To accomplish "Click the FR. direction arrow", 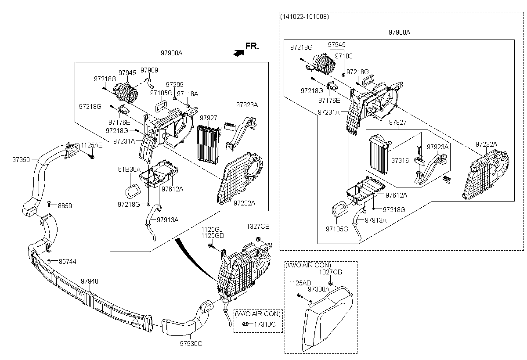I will (x=238, y=53).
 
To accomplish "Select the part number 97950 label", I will (x=21, y=159).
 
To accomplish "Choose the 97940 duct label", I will (x=89, y=281).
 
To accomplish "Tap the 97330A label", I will (x=318, y=290).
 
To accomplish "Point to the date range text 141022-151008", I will (x=304, y=17).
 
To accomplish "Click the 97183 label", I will (x=344, y=56).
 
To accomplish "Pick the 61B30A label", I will (x=129, y=169).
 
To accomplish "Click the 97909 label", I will (x=149, y=70).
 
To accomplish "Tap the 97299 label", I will (x=175, y=84).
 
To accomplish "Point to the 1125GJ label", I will (x=213, y=229).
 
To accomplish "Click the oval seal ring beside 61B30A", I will (x=132, y=191).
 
